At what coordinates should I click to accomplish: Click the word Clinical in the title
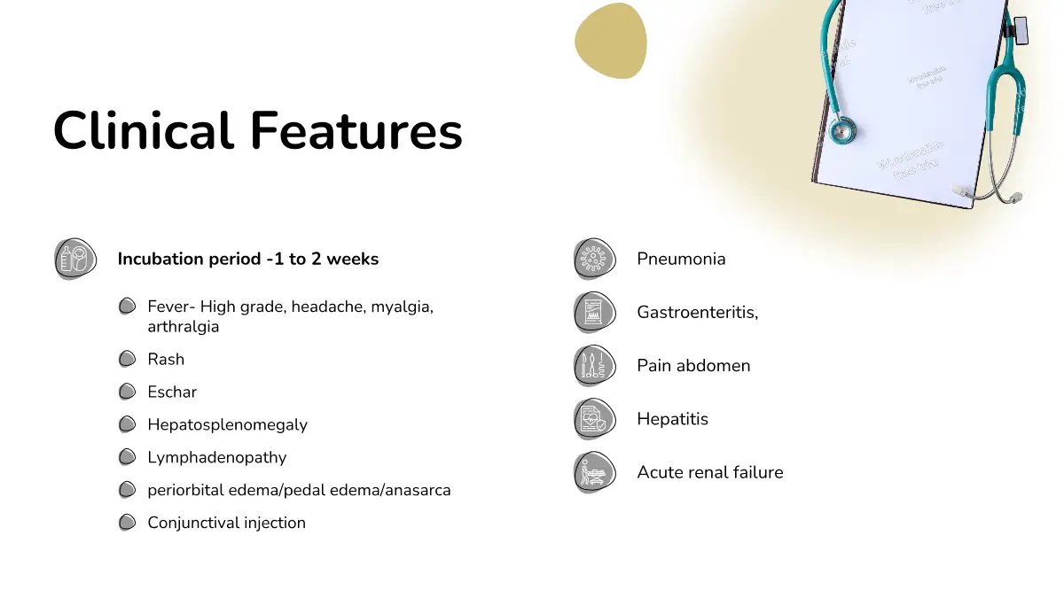(x=144, y=130)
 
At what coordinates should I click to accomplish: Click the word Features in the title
(x=356, y=130)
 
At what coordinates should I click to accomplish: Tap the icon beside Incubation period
(x=75, y=259)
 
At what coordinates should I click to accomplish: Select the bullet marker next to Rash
(x=127, y=359)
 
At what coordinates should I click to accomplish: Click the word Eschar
(x=172, y=392)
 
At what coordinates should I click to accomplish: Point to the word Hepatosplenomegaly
(x=228, y=424)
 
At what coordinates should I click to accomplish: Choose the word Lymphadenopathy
(x=217, y=457)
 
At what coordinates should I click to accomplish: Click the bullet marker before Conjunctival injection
(x=127, y=523)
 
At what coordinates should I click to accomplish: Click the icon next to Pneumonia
(x=595, y=259)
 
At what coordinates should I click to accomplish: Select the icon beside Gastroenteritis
(x=595, y=312)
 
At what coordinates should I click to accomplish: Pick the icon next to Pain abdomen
(x=595, y=365)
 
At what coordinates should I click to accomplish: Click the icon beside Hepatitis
(x=595, y=419)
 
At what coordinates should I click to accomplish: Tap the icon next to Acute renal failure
(x=595, y=472)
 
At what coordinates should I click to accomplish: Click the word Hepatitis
(x=673, y=419)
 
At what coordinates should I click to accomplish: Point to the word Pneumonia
(x=681, y=259)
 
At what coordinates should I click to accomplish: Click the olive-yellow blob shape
(x=611, y=41)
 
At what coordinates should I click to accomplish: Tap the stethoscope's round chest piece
(x=842, y=129)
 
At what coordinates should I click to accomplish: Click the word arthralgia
(x=184, y=327)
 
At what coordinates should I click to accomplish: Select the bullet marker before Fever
(x=127, y=307)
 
